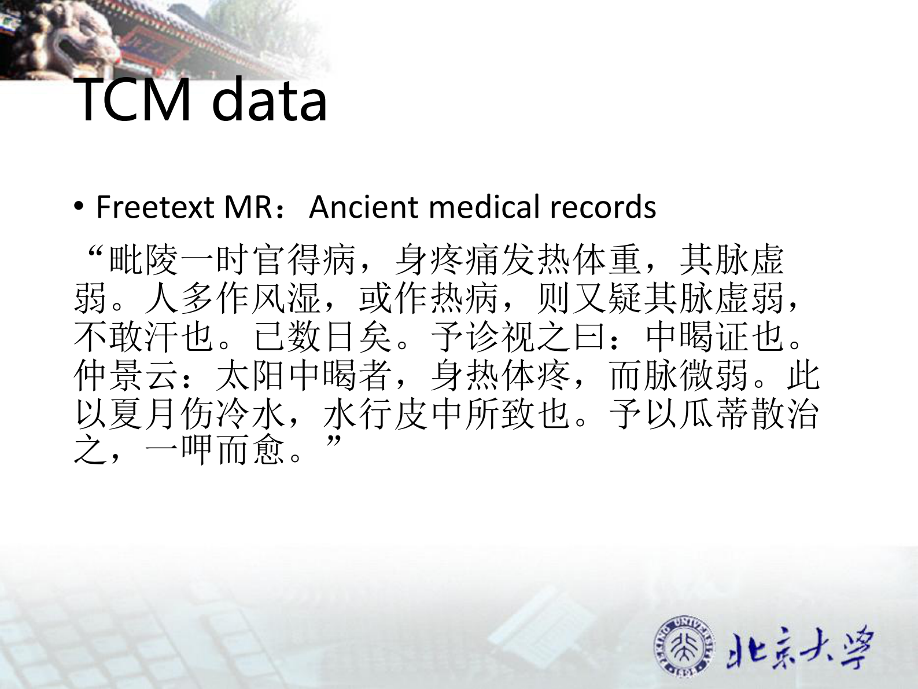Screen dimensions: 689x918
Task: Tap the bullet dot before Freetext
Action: tap(79, 207)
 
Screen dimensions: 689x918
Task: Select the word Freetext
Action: tap(154, 207)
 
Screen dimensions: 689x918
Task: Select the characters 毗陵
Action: tap(144, 260)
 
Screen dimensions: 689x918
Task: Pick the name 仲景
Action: tap(109, 376)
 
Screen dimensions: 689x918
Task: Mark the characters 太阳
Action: tap(251, 376)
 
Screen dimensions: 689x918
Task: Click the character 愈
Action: tap(269, 450)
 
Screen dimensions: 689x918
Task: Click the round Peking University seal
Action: tap(684, 647)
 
